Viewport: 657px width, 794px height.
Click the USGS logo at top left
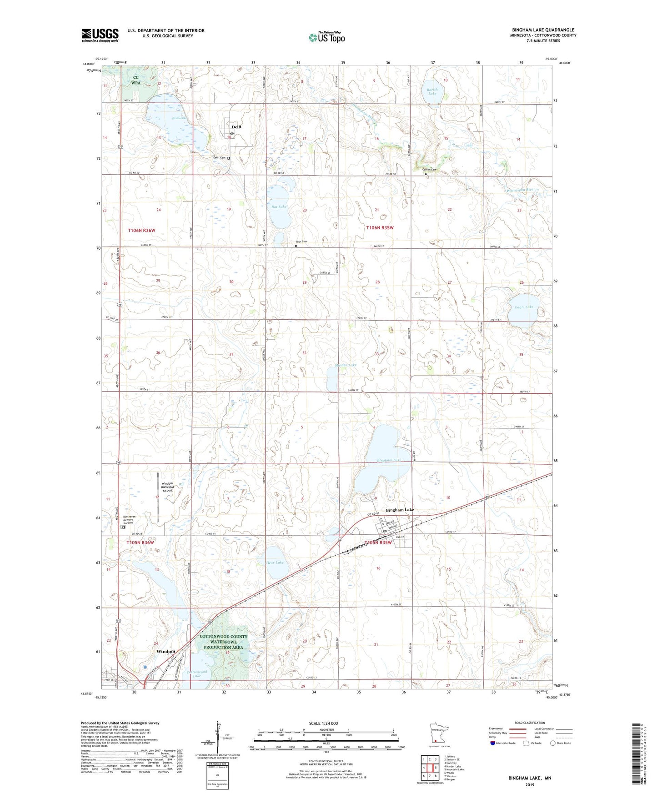100,35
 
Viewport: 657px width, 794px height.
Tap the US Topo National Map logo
326,37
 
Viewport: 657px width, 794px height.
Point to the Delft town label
236,127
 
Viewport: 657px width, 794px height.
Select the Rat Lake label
279,207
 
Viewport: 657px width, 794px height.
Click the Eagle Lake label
524,307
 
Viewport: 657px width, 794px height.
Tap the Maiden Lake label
346,365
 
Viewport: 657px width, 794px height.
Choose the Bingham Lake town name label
400,510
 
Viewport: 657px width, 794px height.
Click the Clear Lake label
274,563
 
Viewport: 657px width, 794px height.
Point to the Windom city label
166,651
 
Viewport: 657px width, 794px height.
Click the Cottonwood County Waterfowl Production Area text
223,642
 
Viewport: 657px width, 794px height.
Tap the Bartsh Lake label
432,91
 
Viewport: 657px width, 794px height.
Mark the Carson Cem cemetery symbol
426,173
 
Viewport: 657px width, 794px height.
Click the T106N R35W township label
380,228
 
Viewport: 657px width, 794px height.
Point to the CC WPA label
136,80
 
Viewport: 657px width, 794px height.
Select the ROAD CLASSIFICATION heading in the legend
530,723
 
